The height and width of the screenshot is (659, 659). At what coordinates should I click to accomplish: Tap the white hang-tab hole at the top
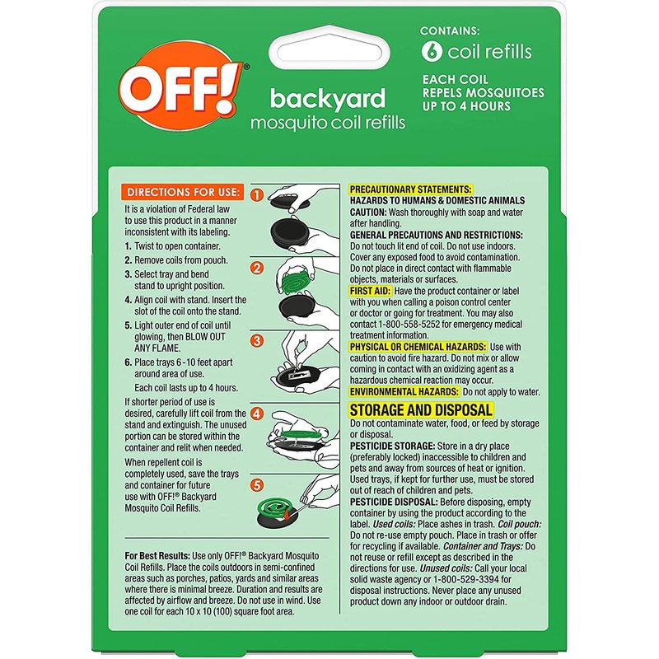[x=329, y=50]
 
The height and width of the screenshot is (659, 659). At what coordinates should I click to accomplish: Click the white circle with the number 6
[x=432, y=52]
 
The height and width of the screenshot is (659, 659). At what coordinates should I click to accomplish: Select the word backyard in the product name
[x=327, y=99]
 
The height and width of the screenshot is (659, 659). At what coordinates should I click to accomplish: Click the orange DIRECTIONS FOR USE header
[x=182, y=192]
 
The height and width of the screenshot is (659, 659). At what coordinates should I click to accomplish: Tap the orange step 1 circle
[x=257, y=194]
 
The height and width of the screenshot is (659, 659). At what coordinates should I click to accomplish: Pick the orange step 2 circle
[x=257, y=268]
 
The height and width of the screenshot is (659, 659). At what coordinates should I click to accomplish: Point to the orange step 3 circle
[x=257, y=340]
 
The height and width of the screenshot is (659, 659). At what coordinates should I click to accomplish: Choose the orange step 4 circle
[x=257, y=414]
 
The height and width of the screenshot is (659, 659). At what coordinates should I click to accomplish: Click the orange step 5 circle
[x=257, y=485]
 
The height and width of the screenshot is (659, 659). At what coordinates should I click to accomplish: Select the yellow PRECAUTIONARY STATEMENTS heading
[x=410, y=189]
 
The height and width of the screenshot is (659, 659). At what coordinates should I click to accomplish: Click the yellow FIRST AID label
[x=370, y=291]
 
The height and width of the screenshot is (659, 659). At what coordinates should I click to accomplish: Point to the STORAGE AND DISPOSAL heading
[x=421, y=409]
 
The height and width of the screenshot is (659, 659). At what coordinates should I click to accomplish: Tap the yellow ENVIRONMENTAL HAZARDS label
[x=404, y=392]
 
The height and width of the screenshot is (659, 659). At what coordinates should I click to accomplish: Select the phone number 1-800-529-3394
[x=466, y=580]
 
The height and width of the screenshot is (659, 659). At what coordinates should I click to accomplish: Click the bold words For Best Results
[x=157, y=556]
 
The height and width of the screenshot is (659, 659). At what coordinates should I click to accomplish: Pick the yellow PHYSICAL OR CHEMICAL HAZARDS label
[x=418, y=347]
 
